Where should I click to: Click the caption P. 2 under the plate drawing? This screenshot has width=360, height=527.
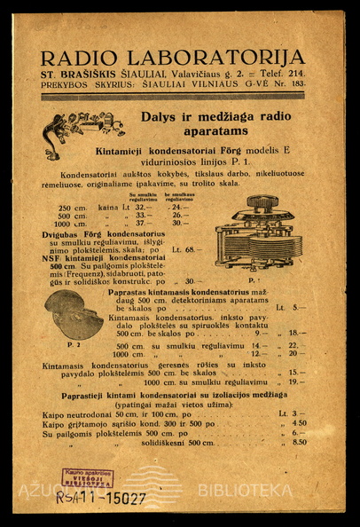coord(73,343)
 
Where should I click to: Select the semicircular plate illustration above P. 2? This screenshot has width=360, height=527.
coord(74,314)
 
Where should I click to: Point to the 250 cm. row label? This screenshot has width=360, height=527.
coord(72,206)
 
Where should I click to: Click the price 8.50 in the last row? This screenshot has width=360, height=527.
coord(300,442)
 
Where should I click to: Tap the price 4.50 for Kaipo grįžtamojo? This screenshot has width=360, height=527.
coord(300,423)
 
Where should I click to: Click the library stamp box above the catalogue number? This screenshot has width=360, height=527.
coord(87,477)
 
